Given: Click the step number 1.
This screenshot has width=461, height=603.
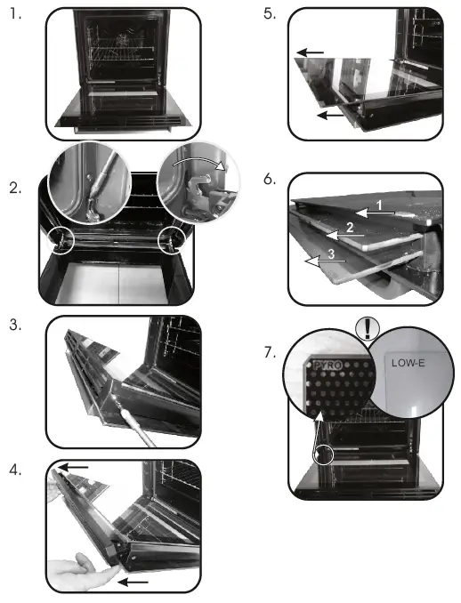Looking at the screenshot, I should pyautogui.click(x=14, y=15).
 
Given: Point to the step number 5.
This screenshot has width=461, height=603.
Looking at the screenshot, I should pyautogui.click(x=271, y=15).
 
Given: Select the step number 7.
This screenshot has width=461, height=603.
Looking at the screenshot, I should pyautogui.click(x=271, y=352).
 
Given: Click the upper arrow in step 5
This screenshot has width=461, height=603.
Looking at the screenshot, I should pyautogui.click(x=311, y=53).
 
